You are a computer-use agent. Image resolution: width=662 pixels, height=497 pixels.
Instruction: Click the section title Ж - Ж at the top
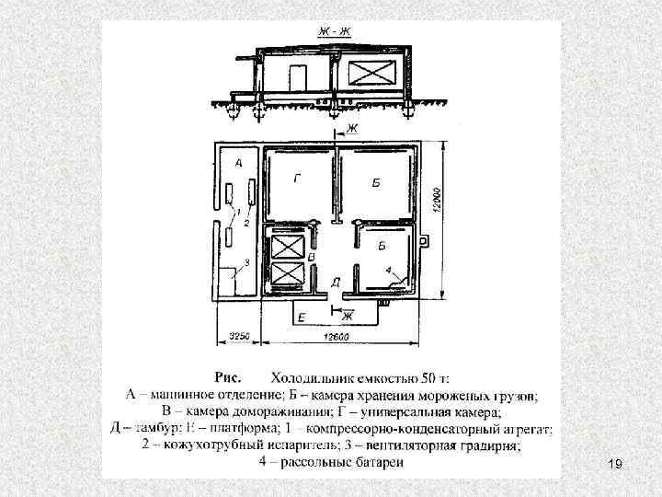pyautogui.click(x=335, y=32)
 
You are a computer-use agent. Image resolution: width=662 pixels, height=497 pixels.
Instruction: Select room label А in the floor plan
pyautogui.click(x=239, y=162)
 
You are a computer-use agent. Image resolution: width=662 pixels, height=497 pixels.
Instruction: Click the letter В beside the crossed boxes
pyautogui.click(x=312, y=255)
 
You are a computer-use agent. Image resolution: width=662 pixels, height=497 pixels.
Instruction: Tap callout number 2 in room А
pyautogui.click(x=246, y=222)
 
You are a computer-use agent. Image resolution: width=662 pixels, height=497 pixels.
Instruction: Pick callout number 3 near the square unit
pyautogui.click(x=245, y=263)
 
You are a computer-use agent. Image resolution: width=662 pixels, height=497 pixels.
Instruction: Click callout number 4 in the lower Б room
pyautogui.click(x=388, y=271)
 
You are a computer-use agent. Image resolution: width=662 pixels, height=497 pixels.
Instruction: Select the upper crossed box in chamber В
pyautogui.click(x=285, y=248)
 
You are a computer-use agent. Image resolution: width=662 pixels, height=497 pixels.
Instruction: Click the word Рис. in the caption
pyautogui.click(x=228, y=377)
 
